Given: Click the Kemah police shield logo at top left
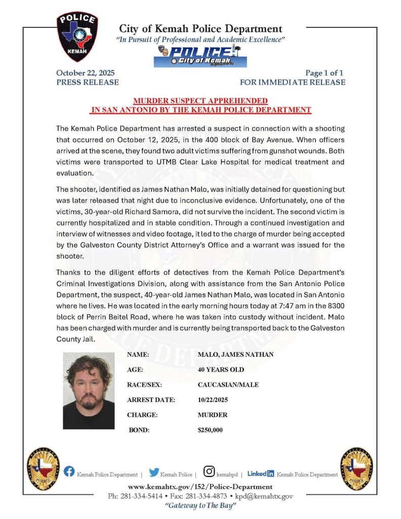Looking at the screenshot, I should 77,36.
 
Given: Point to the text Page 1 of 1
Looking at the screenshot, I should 325,72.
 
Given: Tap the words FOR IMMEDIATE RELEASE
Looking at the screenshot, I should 293,82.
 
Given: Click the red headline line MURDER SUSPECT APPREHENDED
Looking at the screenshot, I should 200,100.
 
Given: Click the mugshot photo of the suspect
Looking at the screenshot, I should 89,390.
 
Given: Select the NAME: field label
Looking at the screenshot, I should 138,355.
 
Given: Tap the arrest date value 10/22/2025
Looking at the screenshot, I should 213,400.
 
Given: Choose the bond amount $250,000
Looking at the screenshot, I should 210,430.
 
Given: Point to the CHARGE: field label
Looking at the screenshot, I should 142,415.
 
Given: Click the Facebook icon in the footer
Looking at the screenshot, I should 69,472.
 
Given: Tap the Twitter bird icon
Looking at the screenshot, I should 154,472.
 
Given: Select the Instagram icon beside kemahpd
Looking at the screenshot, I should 209,472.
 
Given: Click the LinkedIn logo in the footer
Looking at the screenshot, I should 261,473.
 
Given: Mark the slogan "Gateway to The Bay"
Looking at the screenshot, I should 200,506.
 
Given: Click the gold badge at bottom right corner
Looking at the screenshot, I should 356,469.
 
